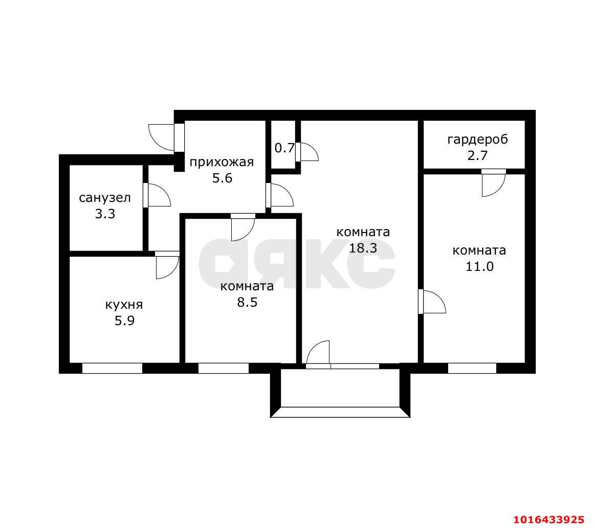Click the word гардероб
[477, 140]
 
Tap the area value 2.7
[477, 156]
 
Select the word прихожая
[222, 163]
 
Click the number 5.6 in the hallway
[222, 178]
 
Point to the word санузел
[105, 198]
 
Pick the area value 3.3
[105, 214]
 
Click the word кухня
[124, 305]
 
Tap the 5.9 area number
[124, 321]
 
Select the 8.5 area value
[247, 303]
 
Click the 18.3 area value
[363, 248]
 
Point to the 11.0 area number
[479, 266]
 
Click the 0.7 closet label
[284, 148]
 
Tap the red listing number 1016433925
[549, 519]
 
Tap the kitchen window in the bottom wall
[113, 369]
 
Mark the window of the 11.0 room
[472, 369]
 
